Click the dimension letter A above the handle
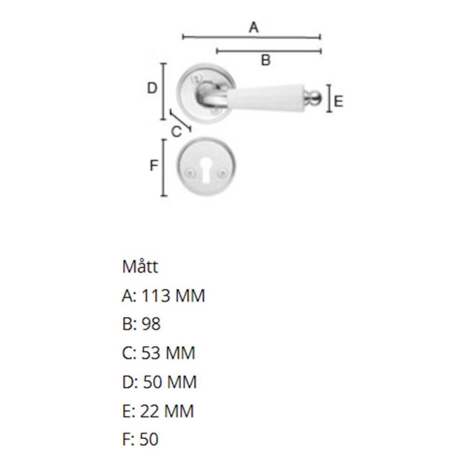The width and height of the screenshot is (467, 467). (253, 28)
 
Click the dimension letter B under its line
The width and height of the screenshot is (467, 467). (265, 60)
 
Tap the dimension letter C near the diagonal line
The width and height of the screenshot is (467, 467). (176, 132)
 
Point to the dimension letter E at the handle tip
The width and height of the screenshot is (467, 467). (339, 101)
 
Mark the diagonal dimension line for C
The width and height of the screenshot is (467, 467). (181, 121)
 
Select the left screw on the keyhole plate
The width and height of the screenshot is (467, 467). (190, 173)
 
